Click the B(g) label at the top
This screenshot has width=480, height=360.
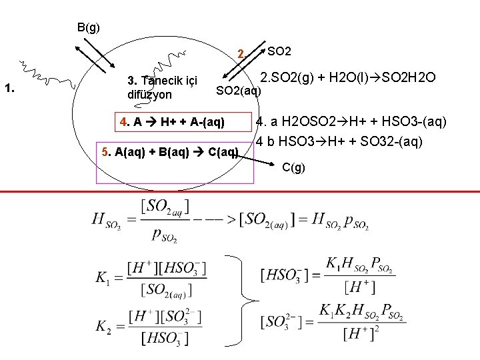pos(88,27)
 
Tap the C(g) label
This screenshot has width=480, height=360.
pos(294,167)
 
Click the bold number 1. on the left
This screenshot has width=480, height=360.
pos(10,87)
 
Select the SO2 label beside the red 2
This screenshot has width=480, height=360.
pos(279,51)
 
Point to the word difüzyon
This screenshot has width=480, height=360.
pos(149,95)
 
